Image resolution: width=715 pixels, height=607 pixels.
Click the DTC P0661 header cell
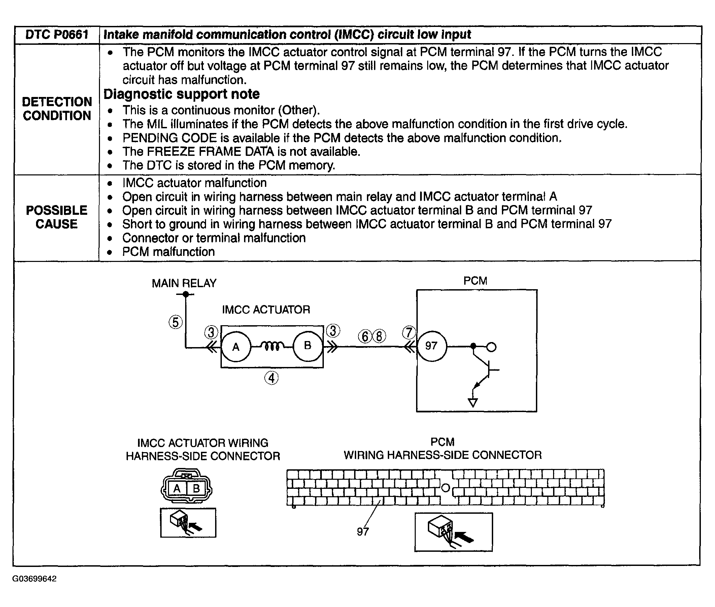[57, 35]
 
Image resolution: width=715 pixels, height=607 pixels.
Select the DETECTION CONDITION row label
[57, 109]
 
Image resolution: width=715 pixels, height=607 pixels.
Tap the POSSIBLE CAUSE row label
[57, 217]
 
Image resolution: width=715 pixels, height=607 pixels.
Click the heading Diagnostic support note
[181, 94]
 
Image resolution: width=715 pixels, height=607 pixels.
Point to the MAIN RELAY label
[184, 283]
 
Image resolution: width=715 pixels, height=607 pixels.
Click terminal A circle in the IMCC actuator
[236, 346]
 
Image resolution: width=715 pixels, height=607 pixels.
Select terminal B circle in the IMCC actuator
[308, 346]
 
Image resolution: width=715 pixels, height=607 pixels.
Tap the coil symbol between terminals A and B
[272, 345]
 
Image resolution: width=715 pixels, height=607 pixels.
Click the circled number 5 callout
[175, 323]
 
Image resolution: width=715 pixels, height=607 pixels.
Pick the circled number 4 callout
[271, 378]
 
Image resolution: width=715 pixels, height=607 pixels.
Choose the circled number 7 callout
[409, 332]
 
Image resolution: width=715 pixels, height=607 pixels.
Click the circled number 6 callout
[365, 336]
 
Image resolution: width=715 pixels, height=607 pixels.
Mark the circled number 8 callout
[379, 336]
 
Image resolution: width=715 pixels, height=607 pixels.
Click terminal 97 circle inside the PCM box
[432, 346]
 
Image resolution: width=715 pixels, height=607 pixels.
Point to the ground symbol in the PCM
[473, 402]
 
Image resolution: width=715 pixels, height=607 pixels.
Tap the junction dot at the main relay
[186, 294]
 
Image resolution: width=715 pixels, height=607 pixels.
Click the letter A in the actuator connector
[177, 488]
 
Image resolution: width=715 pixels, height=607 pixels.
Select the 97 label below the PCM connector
[363, 532]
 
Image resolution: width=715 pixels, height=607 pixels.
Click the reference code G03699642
[34, 579]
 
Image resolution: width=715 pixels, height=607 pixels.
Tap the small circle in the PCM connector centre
[445, 487]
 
